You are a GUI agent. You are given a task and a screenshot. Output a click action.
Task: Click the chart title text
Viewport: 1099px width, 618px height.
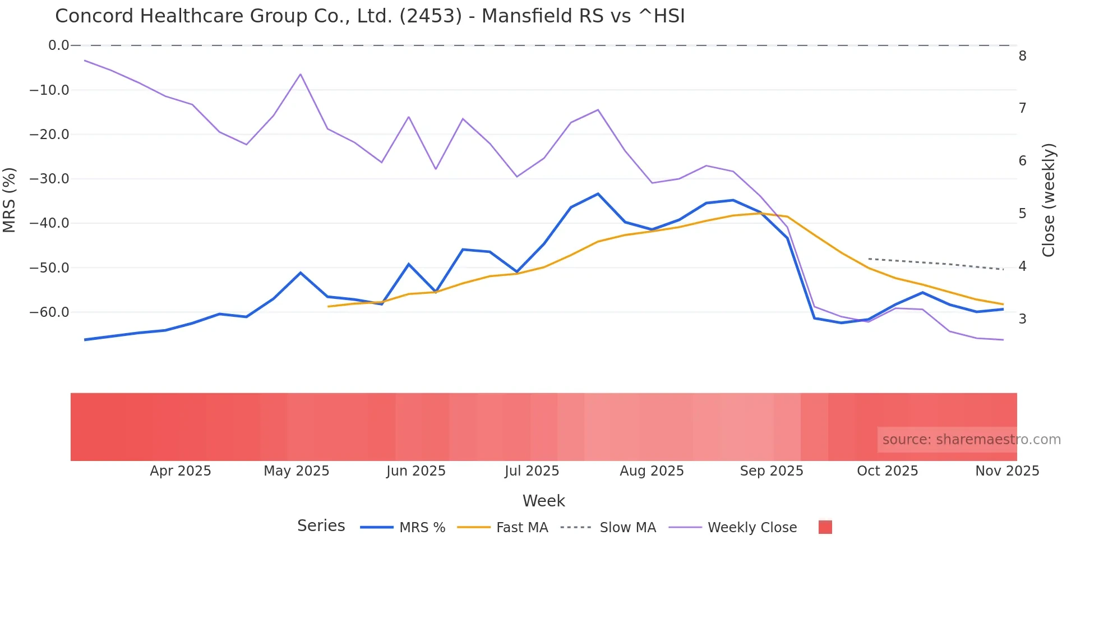(370, 16)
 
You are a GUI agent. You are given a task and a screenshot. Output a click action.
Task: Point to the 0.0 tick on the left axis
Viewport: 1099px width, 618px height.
(58, 45)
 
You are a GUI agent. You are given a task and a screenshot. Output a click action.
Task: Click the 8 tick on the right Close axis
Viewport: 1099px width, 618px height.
(1022, 56)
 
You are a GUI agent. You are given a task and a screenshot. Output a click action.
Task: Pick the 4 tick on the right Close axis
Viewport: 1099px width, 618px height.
(1022, 266)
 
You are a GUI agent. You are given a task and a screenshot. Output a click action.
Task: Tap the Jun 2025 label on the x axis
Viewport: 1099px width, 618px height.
(415, 471)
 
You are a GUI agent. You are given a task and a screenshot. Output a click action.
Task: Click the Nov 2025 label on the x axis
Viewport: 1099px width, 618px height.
(1006, 471)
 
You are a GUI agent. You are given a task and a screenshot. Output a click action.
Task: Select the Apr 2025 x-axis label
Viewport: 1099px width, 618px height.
(180, 471)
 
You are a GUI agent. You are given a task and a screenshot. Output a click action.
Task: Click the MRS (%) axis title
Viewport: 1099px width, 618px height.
(10, 200)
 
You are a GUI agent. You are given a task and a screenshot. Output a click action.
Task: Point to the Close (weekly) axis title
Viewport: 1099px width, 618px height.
(1049, 200)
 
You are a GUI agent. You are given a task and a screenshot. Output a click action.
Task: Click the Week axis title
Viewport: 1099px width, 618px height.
(543, 501)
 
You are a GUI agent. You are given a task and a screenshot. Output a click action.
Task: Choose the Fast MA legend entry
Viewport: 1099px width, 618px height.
(521, 528)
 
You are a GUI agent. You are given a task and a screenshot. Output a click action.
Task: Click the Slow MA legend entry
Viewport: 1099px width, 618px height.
(627, 528)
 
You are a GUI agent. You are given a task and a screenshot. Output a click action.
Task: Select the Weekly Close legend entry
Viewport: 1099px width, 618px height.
(751, 528)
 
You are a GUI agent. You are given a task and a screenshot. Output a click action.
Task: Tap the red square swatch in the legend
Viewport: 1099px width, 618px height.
(825, 527)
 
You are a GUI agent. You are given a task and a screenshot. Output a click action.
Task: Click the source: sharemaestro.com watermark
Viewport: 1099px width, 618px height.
(971, 440)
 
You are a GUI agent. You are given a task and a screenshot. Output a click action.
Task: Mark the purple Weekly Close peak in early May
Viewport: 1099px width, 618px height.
(301, 74)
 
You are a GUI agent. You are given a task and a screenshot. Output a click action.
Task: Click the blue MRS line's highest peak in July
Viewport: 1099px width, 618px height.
(598, 194)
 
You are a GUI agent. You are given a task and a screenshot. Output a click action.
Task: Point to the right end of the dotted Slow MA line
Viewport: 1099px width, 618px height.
(1003, 270)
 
